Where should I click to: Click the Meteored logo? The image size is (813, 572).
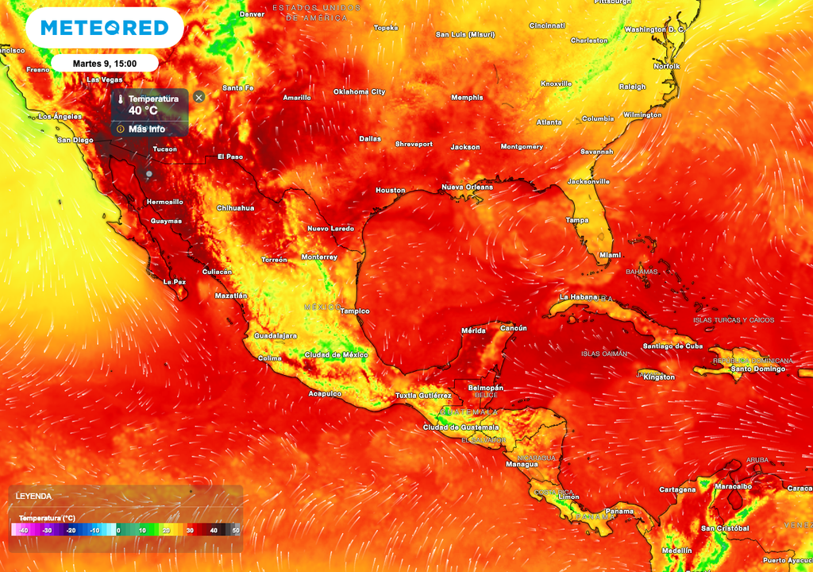[x=104, y=28]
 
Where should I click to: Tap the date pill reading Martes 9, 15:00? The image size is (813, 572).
[x=104, y=64]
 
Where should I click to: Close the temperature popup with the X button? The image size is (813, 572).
[x=199, y=97]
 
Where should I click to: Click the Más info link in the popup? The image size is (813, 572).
[x=146, y=129]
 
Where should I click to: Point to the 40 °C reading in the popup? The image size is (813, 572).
[x=143, y=111]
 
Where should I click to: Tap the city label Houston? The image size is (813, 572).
[x=390, y=191]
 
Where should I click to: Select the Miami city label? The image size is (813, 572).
[x=610, y=255]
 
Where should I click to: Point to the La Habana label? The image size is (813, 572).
[x=578, y=297]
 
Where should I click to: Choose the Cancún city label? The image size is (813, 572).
[x=514, y=328]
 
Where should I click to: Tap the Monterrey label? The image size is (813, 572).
[x=319, y=257]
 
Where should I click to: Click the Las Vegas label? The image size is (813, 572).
[x=104, y=80]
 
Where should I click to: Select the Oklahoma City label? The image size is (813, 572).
[x=359, y=92]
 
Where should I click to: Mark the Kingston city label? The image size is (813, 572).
[x=659, y=377]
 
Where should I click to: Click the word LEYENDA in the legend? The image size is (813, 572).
[x=33, y=496]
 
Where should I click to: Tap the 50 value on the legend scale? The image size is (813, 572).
[x=235, y=530]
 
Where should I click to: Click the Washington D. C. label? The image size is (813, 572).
[x=654, y=30]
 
